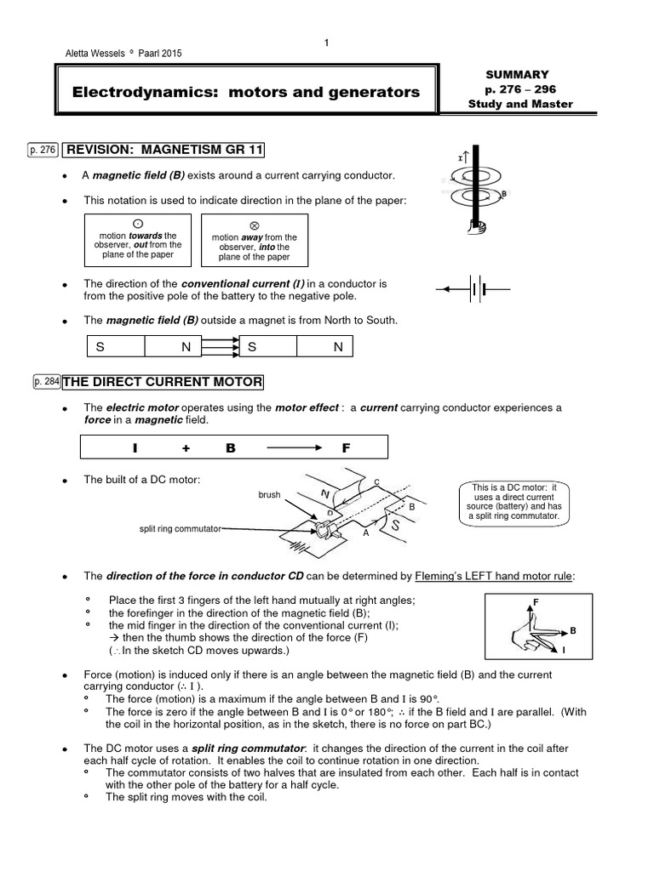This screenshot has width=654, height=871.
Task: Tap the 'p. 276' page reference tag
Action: tap(42, 151)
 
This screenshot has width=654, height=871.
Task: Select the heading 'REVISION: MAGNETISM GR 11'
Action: tap(164, 151)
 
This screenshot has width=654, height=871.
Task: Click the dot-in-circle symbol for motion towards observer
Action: tap(137, 223)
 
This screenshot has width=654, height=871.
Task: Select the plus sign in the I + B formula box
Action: tap(185, 447)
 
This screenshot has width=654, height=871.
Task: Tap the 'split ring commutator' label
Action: tap(180, 528)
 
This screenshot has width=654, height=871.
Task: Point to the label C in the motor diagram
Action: tap(376, 482)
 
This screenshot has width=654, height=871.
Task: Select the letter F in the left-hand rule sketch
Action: tap(535, 602)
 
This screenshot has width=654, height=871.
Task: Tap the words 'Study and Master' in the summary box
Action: tap(520, 105)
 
